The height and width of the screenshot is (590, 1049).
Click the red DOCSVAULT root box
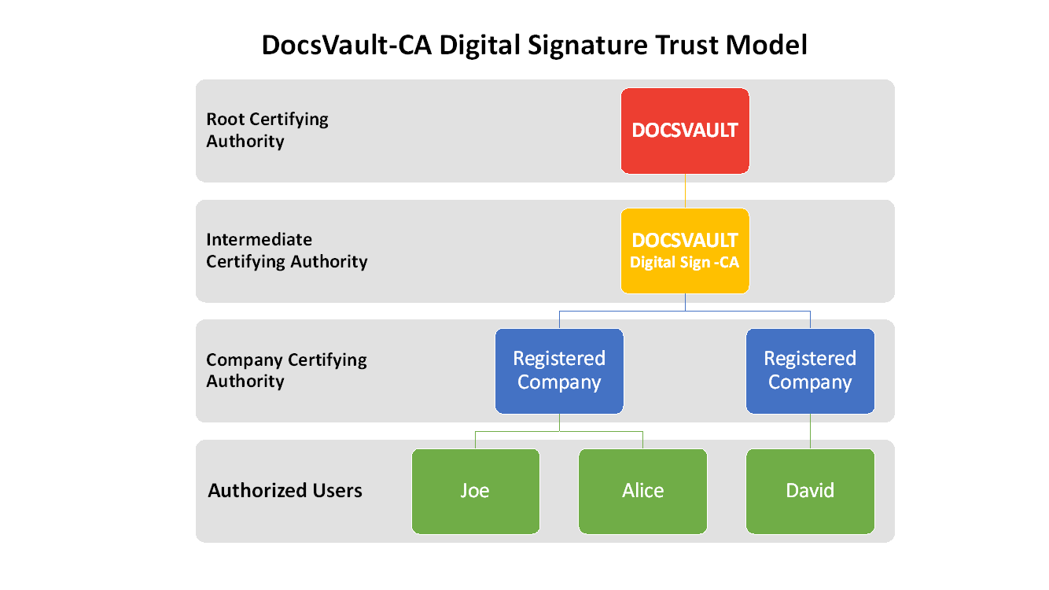click(x=685, y=131)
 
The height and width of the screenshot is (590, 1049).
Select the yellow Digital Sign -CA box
click(x=685, y=251)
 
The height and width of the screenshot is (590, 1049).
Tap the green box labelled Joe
click(x=476, y=491)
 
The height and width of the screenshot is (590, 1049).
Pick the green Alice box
click(x=642, y=491)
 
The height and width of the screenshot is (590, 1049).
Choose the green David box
click(x=810, y=491)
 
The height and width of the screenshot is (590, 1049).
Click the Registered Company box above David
click(x=810, y=371)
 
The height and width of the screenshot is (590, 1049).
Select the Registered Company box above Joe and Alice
click(x=559, y=371)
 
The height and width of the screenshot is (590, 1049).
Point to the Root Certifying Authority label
click(x=267, y=130)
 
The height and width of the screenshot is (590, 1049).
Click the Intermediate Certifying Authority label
click(x=286, y=250)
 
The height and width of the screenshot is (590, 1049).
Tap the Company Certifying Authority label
click(x=286, y=371)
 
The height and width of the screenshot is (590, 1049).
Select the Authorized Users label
click(x=285, y=491)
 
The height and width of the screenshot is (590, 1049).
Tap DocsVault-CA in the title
click(x=346, y=46)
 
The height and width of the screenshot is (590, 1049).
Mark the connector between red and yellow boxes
click(x=685, y=190)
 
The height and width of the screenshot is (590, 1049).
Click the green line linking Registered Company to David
click(x=810, y=431)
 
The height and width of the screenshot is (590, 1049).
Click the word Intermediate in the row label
click(x=259, y=240)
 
